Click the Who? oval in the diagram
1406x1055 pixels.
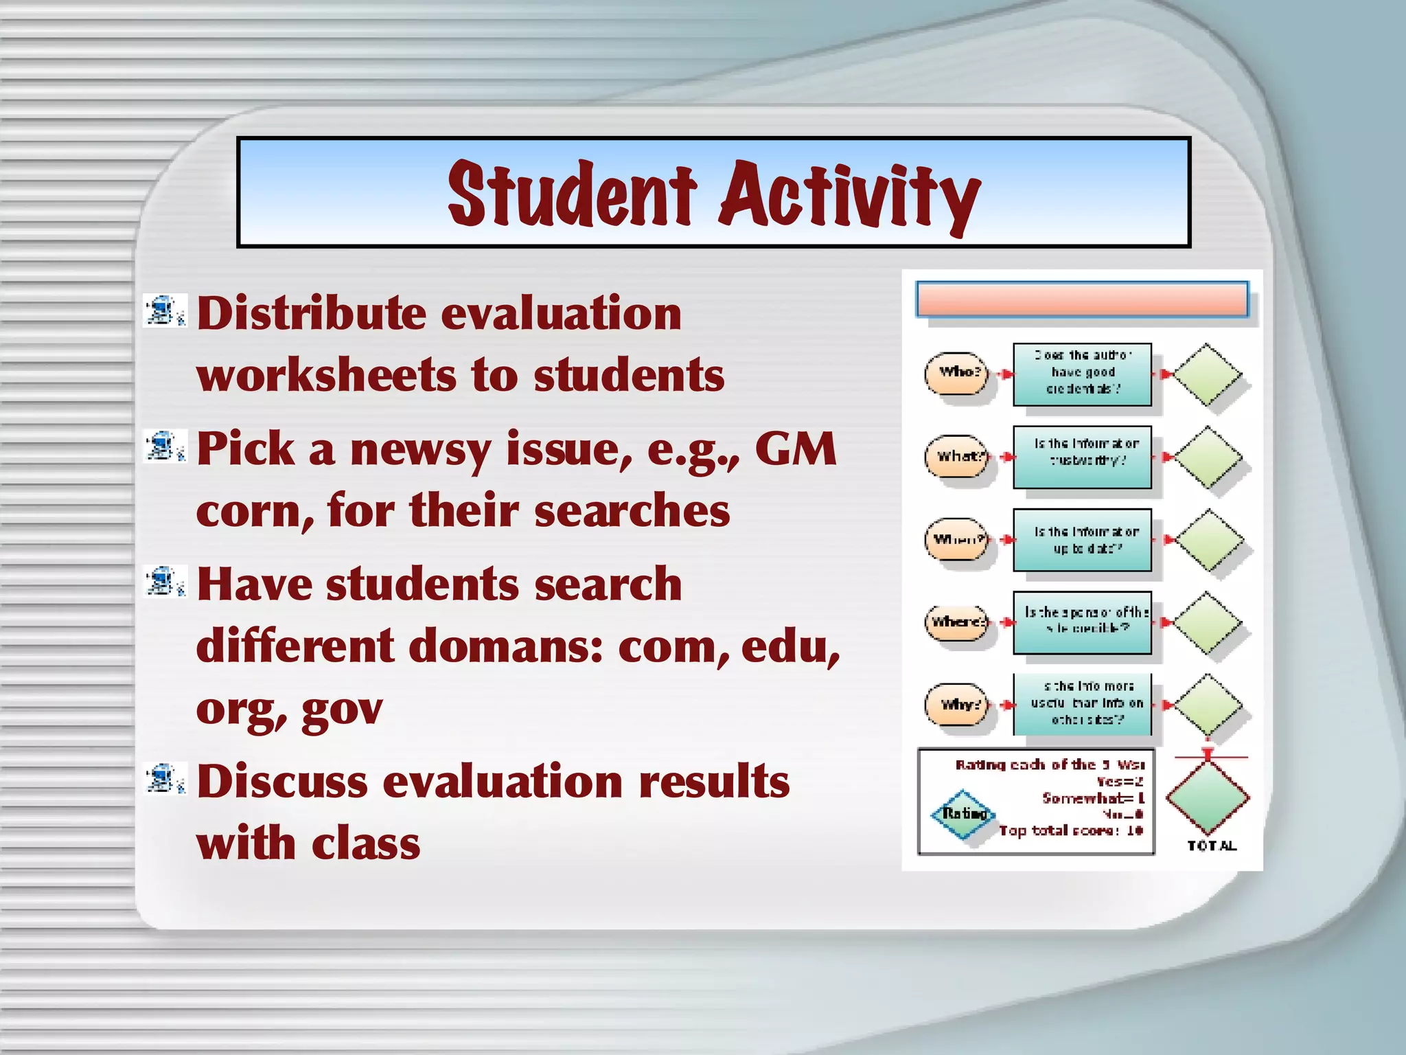point(957,373)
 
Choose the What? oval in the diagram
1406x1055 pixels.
point(957,457)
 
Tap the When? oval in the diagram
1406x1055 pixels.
point(957,540)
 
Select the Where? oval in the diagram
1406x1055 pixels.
point(957,622)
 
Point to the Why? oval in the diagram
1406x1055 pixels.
point(957,705)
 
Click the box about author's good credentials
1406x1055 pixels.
point(1082,374)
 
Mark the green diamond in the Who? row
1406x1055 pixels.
point(1207,374)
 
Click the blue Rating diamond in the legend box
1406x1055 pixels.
point(963,814)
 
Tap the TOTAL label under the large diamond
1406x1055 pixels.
point(1212,846)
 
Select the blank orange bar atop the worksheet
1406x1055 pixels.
point(1082,299)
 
